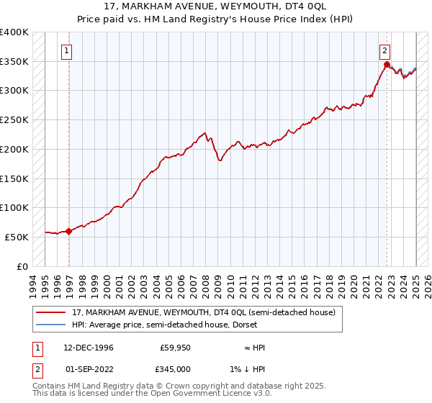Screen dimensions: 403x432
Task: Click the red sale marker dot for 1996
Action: tap(69, 231)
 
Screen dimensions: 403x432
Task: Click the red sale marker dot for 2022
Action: tap(387, 65)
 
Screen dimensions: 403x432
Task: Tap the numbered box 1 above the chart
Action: tap(66, 50)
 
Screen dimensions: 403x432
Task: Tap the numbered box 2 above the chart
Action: tap(385, 50)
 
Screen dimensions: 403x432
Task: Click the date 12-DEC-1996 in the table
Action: tap(89, 348)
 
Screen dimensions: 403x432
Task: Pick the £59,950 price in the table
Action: tap(175, 348)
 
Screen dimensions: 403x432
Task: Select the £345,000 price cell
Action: tap(175, 369)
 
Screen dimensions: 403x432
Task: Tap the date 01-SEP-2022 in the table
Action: tap(89, 369)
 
